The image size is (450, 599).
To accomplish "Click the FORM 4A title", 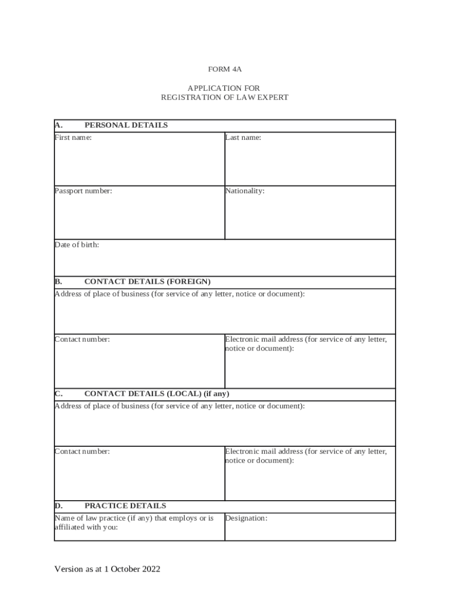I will tap(224, 69).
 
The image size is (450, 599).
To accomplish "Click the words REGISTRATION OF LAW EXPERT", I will tap(224, 98).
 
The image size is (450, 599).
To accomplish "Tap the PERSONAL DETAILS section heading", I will tap(126, 125).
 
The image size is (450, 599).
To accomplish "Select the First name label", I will tap(73, 138).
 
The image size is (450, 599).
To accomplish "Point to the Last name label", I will tap(243, 138).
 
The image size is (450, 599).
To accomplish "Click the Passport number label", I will tap(83, 191).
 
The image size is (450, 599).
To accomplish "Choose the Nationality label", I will tap(245, 191).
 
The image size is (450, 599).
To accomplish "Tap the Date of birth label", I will tap(77, 245).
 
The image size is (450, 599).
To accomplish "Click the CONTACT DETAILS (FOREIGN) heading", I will tap(147, 281).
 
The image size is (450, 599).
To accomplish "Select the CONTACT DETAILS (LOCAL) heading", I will tap(161, 394).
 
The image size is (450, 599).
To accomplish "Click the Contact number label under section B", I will tap(82, 339).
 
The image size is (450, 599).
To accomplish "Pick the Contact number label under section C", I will tap(82, 452).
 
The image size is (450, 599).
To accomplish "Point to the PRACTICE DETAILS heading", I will tap(125, 506).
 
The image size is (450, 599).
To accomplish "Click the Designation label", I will tap(246, 518).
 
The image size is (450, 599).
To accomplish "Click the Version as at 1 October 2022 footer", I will tap(107, 569).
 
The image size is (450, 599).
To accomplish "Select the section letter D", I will tap(58, 506).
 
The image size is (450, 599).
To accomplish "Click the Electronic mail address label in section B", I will tap(306, 343).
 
